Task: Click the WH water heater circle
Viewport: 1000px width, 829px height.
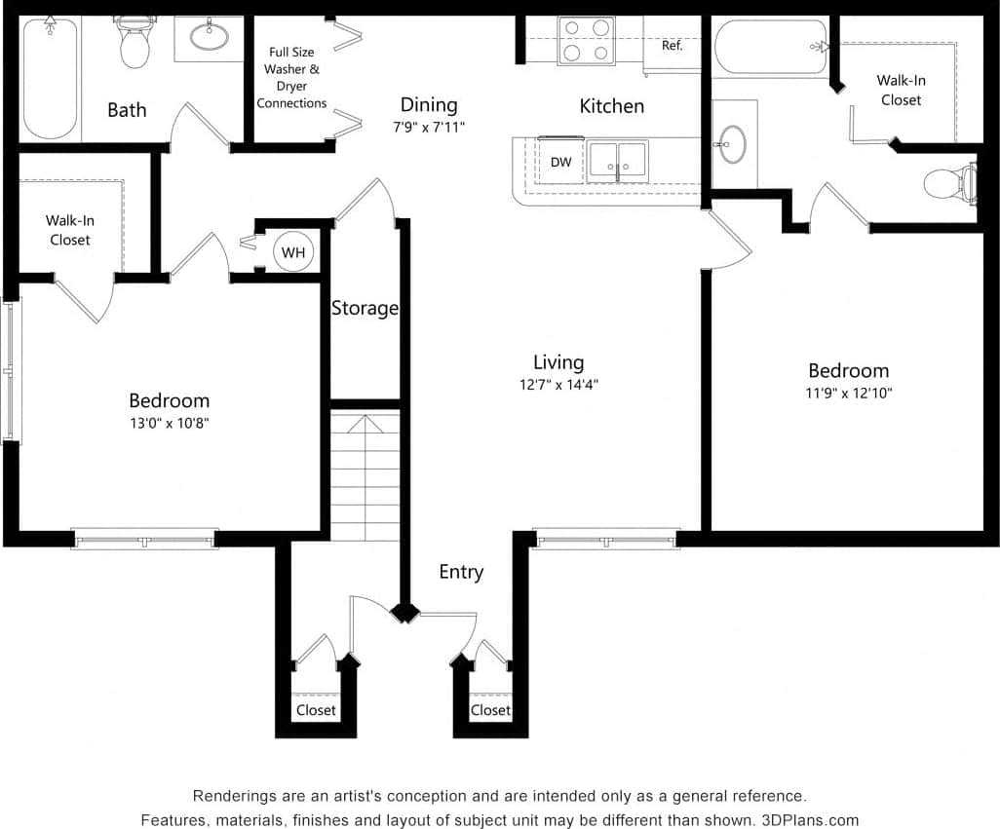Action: (x=293, y=252)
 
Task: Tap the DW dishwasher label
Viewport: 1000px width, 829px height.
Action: (x=560, y=162)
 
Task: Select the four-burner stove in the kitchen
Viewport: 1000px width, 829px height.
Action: (x=586, y=41)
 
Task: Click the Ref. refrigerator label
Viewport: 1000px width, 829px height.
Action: (x=672, y=46)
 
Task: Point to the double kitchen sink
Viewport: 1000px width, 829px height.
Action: (x=618, y=161)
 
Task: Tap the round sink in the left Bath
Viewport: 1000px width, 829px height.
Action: (x=209, y=37)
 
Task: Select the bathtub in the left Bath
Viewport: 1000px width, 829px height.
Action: (x=50, y=78)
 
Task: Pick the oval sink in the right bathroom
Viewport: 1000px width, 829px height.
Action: (x=733, y=144)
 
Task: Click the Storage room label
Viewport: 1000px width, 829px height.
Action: (x=365, y=308)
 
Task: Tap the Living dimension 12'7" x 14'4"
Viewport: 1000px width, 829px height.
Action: (x=558, y=384)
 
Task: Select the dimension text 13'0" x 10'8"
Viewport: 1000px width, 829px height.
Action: (x=170, y=423)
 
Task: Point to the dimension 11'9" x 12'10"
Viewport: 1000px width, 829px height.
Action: (x=848, y=394)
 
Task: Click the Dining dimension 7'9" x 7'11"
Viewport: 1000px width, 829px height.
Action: (x=428, y=127)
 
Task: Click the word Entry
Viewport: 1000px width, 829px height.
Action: (x=461, y=572)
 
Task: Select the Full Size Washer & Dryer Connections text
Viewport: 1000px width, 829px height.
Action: (x=292, y=78)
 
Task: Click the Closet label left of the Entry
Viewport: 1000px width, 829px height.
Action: (x=316, y=710)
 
